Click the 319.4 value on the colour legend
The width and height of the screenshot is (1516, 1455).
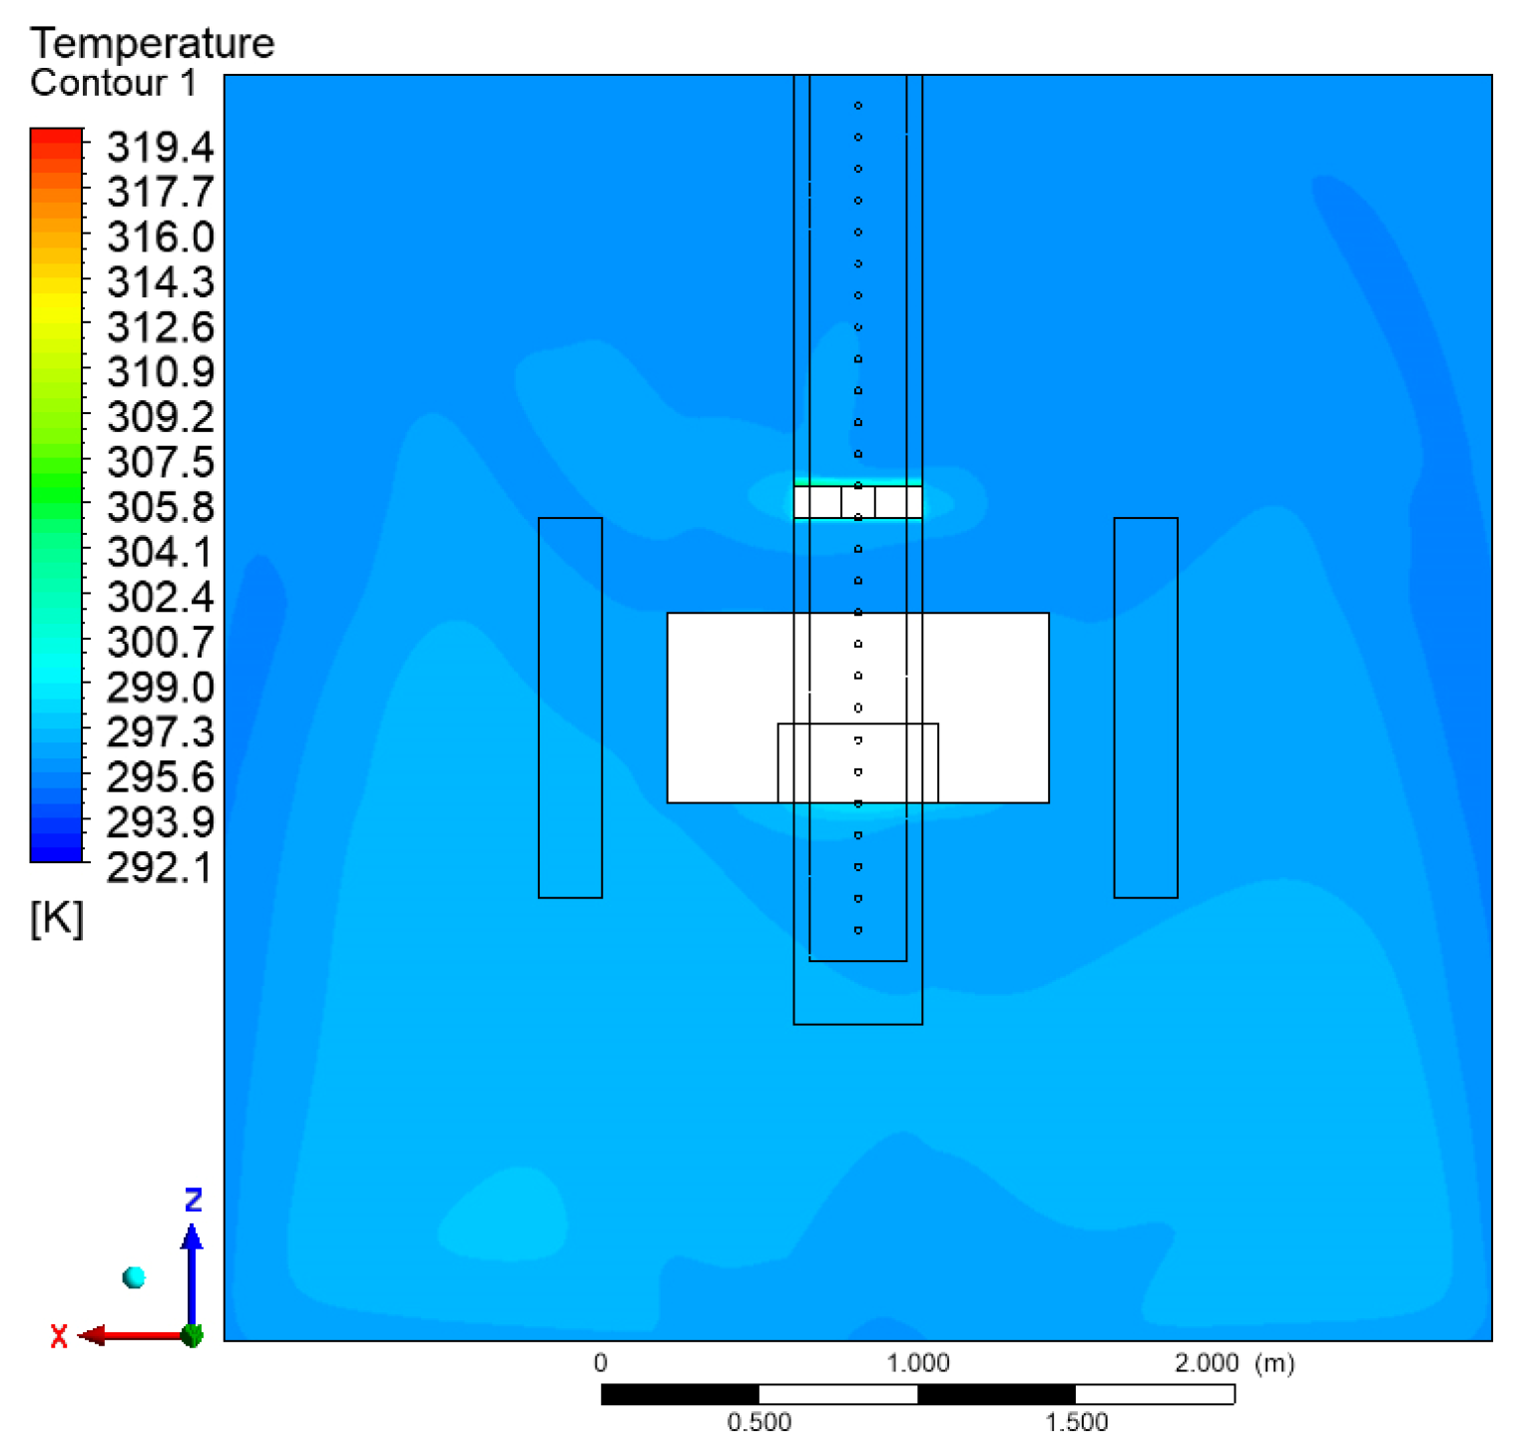tap(160, 147)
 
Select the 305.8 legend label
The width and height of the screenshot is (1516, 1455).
tap(160, 507)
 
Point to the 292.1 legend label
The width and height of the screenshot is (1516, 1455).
tap(160, 867)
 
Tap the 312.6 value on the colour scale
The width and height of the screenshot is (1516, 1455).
tap(160, 327)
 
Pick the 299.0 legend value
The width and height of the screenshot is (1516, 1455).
tap(160, 688)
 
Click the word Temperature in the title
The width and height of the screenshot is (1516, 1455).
tap(153, 43)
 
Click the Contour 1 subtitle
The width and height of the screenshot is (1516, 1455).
tap(114, 83)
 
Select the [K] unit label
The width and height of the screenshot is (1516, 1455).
tap(57, 918)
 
